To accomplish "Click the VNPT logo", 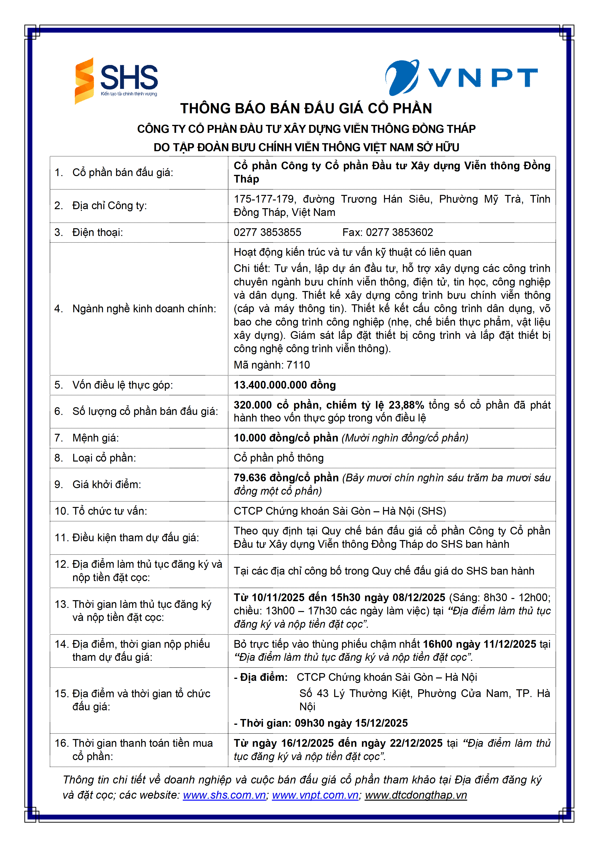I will pos(461,78).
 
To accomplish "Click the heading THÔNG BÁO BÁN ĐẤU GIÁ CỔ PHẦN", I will pos(306,108).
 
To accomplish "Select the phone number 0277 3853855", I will pos(268,232).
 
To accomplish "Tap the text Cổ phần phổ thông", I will pos(278,458).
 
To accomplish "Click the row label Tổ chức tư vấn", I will pos(110,511).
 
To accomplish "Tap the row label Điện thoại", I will pos(97,232).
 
